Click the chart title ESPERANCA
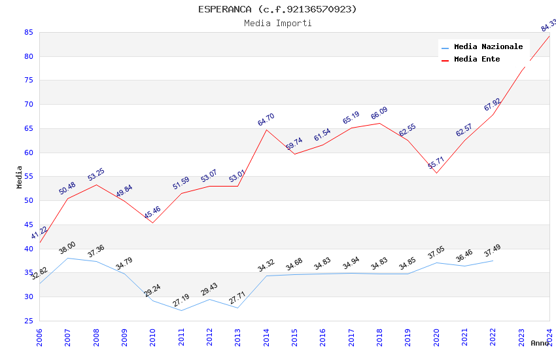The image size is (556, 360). [x=277, y=9]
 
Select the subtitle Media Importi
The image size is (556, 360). [x=277, y=24]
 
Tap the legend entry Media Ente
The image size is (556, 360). [x=477, y=59]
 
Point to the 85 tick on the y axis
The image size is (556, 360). [x=28, y=32]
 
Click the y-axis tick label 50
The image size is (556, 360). [x=28, y=200]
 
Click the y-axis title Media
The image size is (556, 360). [x=20, y=177]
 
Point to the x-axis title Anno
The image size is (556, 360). [x=540, y=343]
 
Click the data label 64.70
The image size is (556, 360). [x=266, y=120]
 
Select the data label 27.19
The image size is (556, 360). [x=181, y=300]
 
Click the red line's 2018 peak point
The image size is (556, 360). [x=379, y=123]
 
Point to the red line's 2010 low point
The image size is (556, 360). [x=152, y=223]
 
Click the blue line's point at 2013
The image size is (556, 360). [x=238, y=308]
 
